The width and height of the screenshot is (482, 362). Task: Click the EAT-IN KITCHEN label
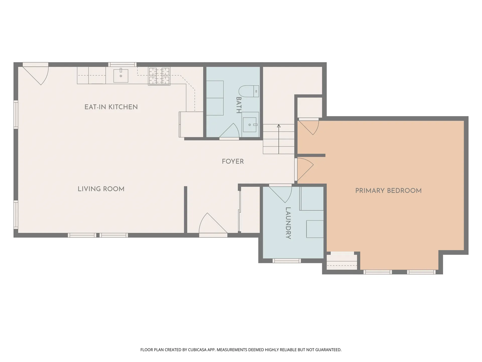pyautogui.click(x=111, y=107)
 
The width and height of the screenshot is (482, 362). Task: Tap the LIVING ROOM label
pyautogui.click(x=101, y=189)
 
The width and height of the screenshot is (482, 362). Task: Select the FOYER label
pyautogui.click(x=233, y=161)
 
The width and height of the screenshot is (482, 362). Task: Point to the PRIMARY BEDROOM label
pyautogui.click(x=388, y=191)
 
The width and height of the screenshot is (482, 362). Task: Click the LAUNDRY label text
pyautogui.click(x=288, y=223)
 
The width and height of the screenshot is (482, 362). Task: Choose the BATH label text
pyautogui.click(x=239, y=105)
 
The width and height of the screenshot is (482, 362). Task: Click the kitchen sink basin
pyautogui.click(x=121, y=76)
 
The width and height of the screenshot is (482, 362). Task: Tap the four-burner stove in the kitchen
pyautogui.click(x=159, y=76)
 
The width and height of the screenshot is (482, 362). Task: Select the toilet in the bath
pyautogui.click(x=249, y=91)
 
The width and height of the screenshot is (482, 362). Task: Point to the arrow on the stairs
pyautogui.click(x=279, y=139)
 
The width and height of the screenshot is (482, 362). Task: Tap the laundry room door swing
pyautogui.click(x=281, y=194)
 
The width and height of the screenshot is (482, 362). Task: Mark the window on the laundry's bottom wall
pyautogui.click(x=287, y=261)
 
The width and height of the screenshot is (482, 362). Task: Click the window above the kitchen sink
pyautogui.click(x=123, y=64)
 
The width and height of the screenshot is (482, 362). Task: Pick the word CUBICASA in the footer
pyautogui.click(x=197, y=350)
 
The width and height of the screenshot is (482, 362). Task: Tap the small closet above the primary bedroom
pyautogui.click(x=310, y=107)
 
